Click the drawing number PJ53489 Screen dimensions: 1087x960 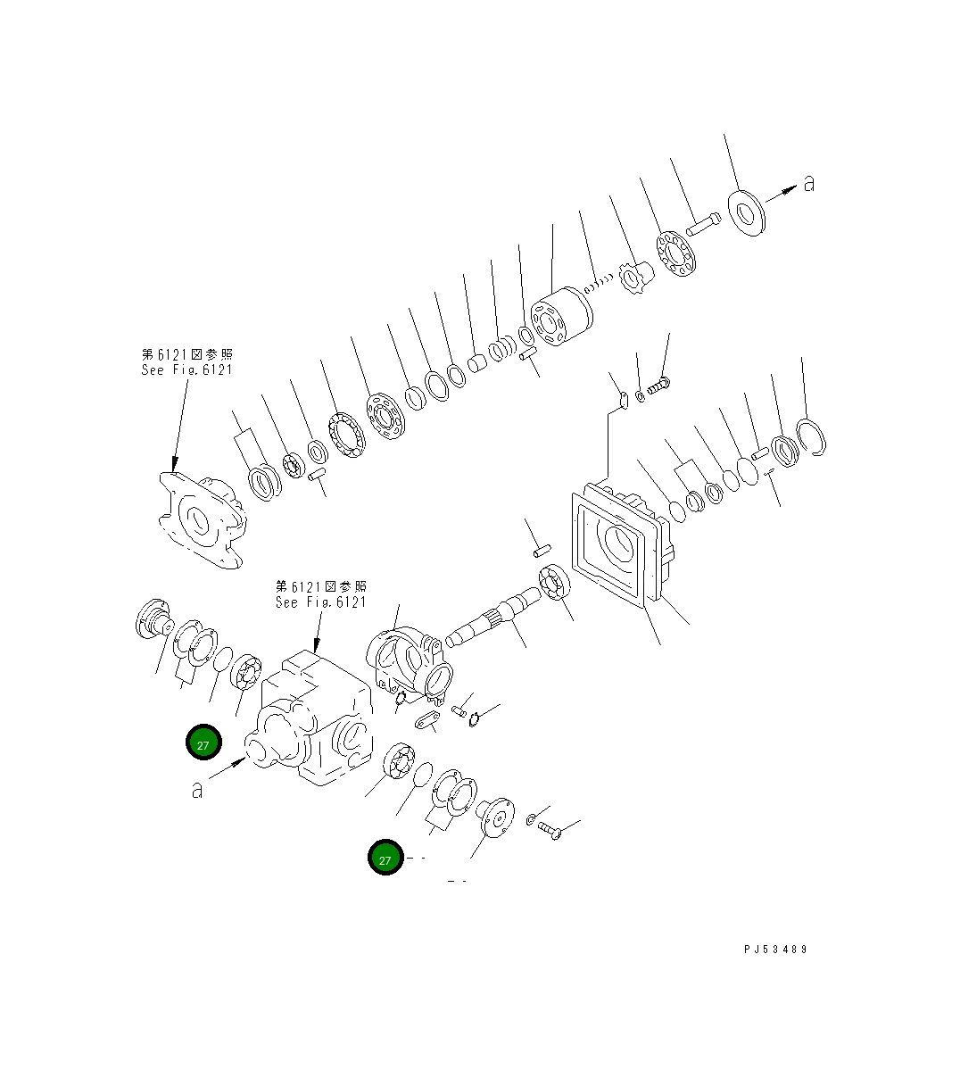click(774, 950)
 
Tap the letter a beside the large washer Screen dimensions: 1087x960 click(808, 183)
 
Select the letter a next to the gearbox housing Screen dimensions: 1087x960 click(197, 789)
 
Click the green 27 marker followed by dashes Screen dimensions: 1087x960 click(385, 859)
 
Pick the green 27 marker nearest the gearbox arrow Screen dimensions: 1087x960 click(203, 743)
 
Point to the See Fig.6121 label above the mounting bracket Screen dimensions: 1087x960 click(186, 362)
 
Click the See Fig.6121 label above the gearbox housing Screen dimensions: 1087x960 click(320, 594)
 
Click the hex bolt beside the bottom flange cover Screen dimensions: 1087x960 click(550, 832)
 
